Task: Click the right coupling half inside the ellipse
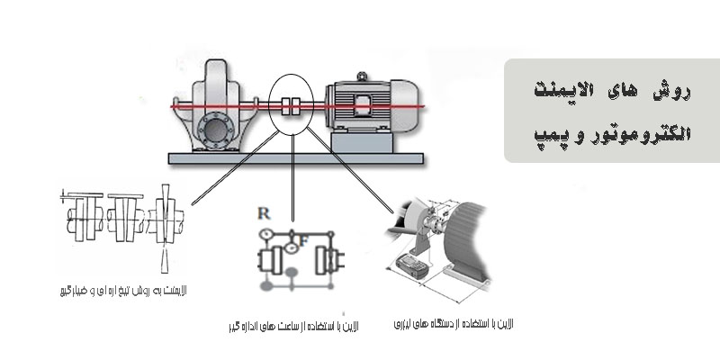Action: (x=299, y=105)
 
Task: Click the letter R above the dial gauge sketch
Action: (x=263, y=213)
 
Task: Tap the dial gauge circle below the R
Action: (x=265, y=234)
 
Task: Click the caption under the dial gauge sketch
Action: (x=292, y=325)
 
